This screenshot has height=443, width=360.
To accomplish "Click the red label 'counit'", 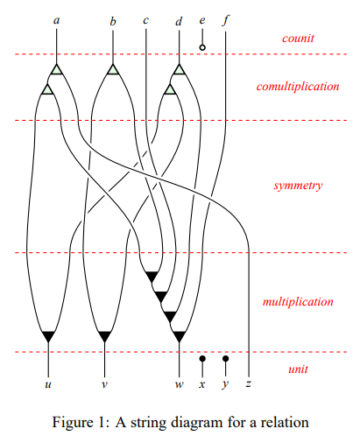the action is tap(298, 39).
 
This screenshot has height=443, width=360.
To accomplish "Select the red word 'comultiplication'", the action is tap(298, 87).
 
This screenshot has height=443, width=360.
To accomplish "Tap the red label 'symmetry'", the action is tap(298, 186).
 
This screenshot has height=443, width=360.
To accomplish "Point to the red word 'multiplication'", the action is tap(298, 301).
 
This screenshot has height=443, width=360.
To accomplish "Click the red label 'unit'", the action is tap(298, 369).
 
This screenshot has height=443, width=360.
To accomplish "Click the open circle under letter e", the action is tap(202, 47).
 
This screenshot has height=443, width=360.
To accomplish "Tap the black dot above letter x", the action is tap(202, 358).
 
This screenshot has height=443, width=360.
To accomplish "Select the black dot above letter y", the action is tap(225, 358).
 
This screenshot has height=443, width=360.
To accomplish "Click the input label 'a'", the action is tap(57, 20).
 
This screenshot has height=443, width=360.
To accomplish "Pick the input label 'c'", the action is tap(145, 20).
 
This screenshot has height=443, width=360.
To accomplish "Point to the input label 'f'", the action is tap(226, 20).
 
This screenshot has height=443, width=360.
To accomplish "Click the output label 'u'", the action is tap(48, 384).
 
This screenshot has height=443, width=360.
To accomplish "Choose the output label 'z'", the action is tap(249, 383).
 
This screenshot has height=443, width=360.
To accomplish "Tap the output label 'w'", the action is tap(180, 384).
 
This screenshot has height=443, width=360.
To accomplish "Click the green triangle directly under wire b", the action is tap(113, 69).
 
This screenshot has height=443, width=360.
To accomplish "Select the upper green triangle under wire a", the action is tap(57, 69).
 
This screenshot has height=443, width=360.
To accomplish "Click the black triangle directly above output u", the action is tap(48, 336).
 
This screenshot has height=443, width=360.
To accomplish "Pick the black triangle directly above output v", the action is tap(104, 336).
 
